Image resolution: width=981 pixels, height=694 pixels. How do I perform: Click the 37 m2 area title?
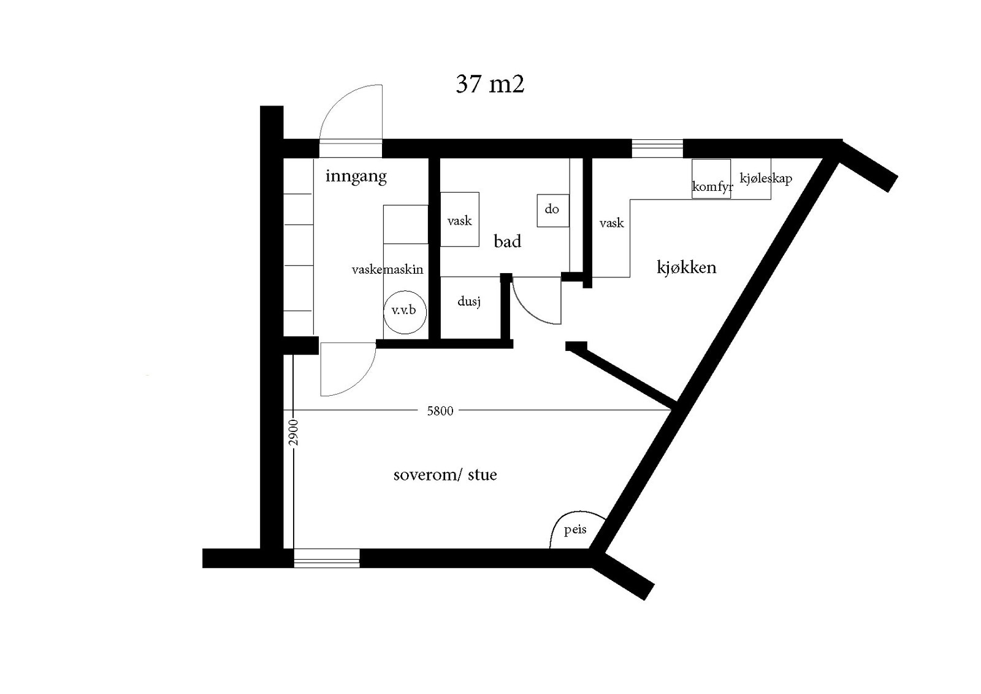pos(489,84)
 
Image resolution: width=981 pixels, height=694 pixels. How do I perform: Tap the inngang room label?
pos(356,177)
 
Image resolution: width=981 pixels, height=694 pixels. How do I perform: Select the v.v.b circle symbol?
pos(404,310)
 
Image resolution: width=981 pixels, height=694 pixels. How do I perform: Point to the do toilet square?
pos(552,210)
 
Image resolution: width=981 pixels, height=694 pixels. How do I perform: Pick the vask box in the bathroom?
pos(459,220)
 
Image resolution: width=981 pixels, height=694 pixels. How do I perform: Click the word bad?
pos(507,242)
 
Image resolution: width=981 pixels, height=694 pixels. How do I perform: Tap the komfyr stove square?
pos(711,179)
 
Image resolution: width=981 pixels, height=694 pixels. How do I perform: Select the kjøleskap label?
pos(766,179)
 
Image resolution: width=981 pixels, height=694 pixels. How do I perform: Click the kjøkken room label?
pos(686,268)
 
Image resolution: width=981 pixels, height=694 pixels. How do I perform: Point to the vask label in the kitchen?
pos(611,223)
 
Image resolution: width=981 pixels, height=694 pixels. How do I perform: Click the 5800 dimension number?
pos(440,411)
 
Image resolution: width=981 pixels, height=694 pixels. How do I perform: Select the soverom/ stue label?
pos(445,475)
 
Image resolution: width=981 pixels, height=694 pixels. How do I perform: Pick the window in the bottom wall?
pos(326,558)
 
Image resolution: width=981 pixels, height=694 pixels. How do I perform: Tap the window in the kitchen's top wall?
pos(657,148)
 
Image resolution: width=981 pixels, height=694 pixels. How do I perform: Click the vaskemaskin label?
pos(387,269)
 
